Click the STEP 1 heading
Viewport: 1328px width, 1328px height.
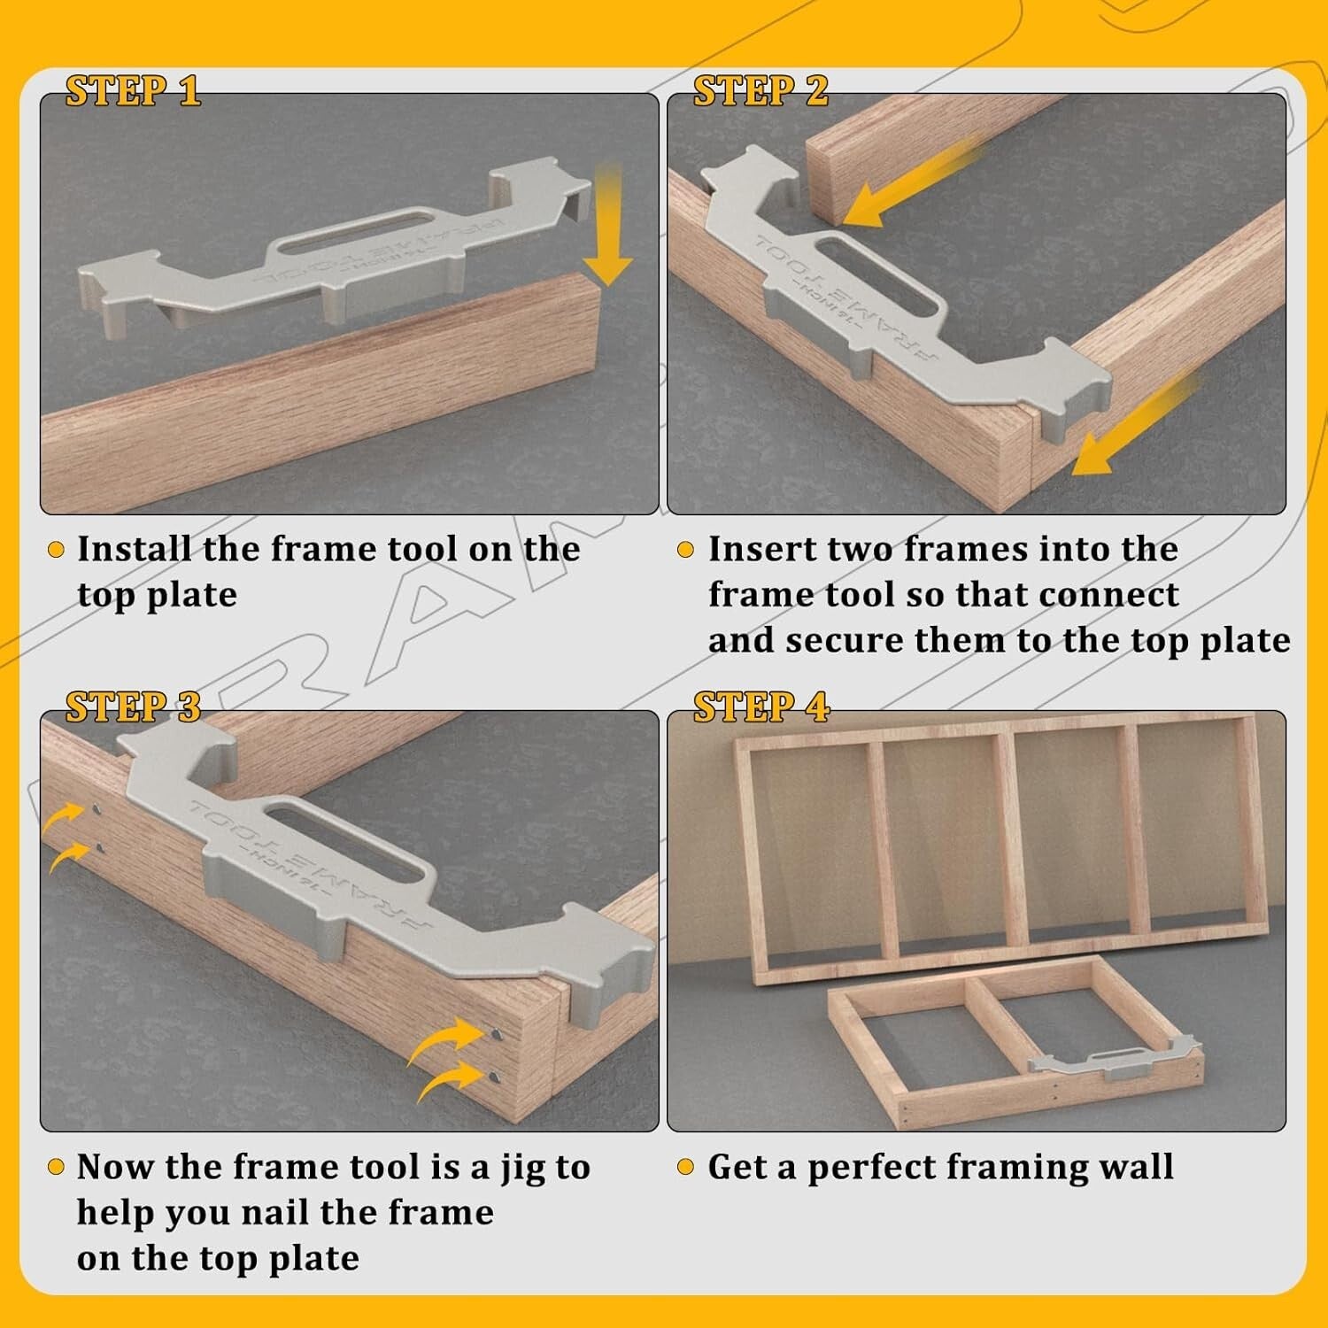(133, 91)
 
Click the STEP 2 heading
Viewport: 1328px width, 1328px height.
(761, 91)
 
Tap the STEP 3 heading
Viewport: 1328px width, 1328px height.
(133, 707)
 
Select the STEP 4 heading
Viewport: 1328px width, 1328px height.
(761, 707)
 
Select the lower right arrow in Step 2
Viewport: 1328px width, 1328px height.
(1138, 425)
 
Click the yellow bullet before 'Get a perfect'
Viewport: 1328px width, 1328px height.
(684, 1167)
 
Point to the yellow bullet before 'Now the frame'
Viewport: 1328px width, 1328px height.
(56, 1167)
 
